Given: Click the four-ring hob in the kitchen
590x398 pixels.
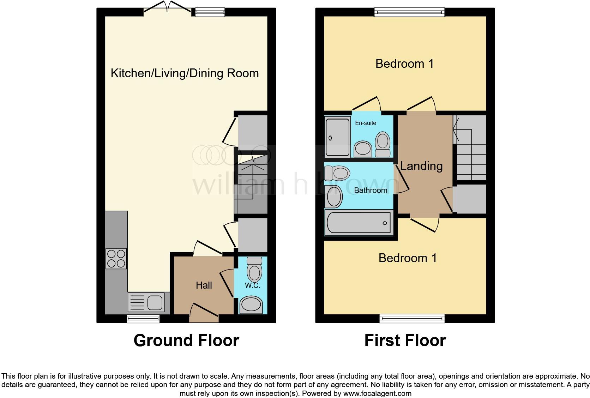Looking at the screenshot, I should point(116,259).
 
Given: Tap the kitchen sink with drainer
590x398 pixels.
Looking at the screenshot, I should point(145,303).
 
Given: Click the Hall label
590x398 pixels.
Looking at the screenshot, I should point(204,285).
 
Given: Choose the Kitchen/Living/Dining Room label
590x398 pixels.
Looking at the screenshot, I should point(185,73).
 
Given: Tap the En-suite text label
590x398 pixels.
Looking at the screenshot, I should point(366,123).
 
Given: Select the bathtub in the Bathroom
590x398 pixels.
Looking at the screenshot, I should point(359,223).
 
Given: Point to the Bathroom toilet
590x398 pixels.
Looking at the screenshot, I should point(337,173).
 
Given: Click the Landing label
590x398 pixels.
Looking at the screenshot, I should point(421,166).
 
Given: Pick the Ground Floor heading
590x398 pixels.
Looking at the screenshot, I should point(186,340).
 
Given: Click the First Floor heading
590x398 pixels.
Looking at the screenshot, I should point(405,340).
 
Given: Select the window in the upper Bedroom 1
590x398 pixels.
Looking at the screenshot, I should point(409,13).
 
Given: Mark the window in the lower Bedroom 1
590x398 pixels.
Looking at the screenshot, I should point(412,319).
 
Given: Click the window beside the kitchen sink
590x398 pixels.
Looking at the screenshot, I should point(143,319).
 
